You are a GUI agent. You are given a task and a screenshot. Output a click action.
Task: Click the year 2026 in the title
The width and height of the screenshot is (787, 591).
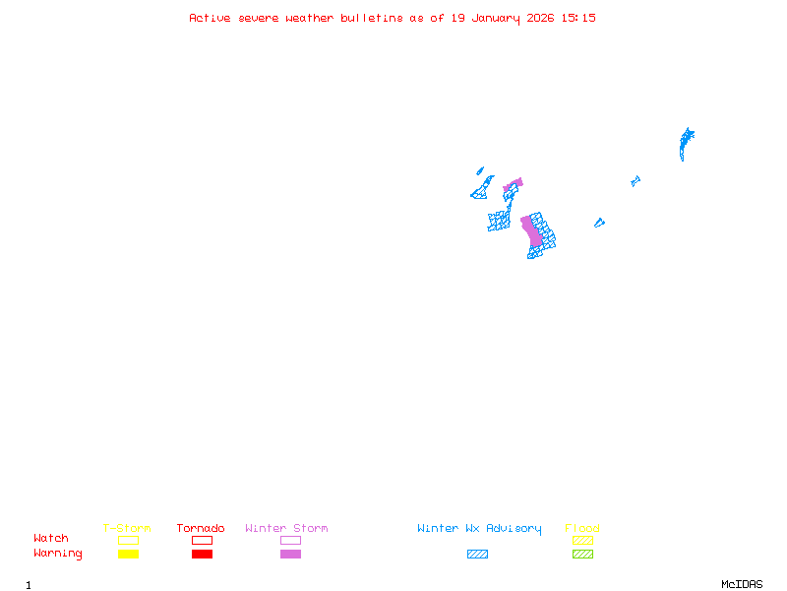tap(540, 18)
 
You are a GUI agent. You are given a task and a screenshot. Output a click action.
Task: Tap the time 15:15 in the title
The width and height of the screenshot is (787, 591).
tap(578, 18)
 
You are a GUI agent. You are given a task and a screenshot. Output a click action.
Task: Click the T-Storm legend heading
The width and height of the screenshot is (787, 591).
tap(127, 528)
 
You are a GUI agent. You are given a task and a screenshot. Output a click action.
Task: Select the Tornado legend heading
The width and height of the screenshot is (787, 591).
tap(201, 528)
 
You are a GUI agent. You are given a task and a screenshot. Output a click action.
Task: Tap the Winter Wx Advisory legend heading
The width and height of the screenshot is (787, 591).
tap(479, 529)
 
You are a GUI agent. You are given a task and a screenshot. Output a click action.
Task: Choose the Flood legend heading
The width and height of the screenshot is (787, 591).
tap(582, 528)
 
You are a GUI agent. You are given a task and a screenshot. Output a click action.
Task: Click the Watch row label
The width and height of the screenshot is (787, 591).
tap(51, 538)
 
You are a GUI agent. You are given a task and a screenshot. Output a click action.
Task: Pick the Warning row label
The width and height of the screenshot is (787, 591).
tap(58, 554)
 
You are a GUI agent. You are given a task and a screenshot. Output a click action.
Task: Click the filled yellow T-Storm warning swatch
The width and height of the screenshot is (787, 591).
tap(129, 554)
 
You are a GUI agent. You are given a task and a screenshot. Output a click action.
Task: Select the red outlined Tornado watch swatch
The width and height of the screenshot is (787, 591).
tap(203, 540)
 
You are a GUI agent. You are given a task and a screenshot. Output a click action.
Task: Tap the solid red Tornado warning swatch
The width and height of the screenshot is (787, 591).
tap(203, 554)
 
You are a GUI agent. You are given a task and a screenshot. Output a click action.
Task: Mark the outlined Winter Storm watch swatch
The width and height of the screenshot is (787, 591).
tap(290, 540)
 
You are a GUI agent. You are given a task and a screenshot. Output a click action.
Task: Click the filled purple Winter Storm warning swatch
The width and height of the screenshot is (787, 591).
tap(290, 554)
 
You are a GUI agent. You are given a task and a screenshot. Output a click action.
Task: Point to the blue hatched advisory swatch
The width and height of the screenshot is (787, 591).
tap(477, 554)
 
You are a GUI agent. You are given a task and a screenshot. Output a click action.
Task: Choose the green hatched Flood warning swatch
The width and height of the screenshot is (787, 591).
tap(582, 554)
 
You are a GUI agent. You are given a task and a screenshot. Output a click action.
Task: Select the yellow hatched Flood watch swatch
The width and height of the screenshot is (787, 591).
tap(582, 540)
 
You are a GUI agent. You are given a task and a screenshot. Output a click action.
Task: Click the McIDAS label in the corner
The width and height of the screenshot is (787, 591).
tap(742, 584)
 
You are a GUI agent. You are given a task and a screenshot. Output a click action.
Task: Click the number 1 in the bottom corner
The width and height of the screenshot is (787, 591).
tap(29, 585)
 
